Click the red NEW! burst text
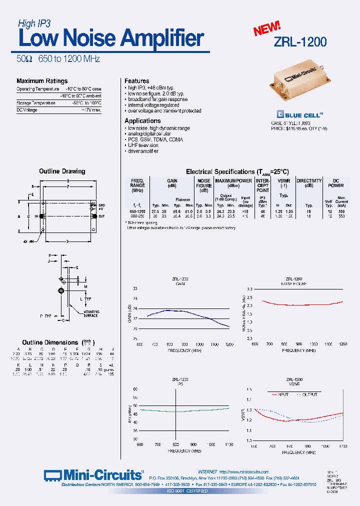tap(266, 28)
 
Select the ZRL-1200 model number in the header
tap(300, 42)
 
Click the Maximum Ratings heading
tap(42, 81)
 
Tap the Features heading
tap(136, 81)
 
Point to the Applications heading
tap(142, 121)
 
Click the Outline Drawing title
tap(62, 171)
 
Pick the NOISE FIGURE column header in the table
tap(204, 185)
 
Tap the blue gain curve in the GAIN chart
tap(170, 311)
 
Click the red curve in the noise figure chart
tap(300, 304)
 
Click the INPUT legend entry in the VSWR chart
tap(280, 394)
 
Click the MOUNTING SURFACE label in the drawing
tap(91, 313)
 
